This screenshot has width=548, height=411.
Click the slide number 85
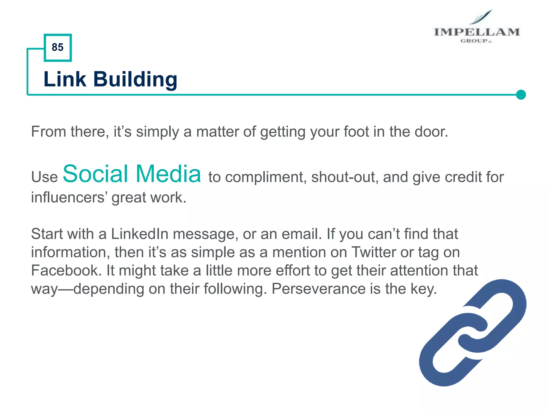(58, 47)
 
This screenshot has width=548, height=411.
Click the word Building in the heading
(135, 79)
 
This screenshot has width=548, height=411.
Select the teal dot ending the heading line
(521, 95)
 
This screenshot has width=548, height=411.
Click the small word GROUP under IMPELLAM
(474, 41)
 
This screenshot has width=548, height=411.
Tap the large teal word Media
(168, 174)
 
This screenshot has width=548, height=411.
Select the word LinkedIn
(139, 234)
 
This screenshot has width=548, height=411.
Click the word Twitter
(374, 252)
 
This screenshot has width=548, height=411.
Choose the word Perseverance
(318, 289)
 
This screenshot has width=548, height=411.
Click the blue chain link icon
(473, 333)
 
